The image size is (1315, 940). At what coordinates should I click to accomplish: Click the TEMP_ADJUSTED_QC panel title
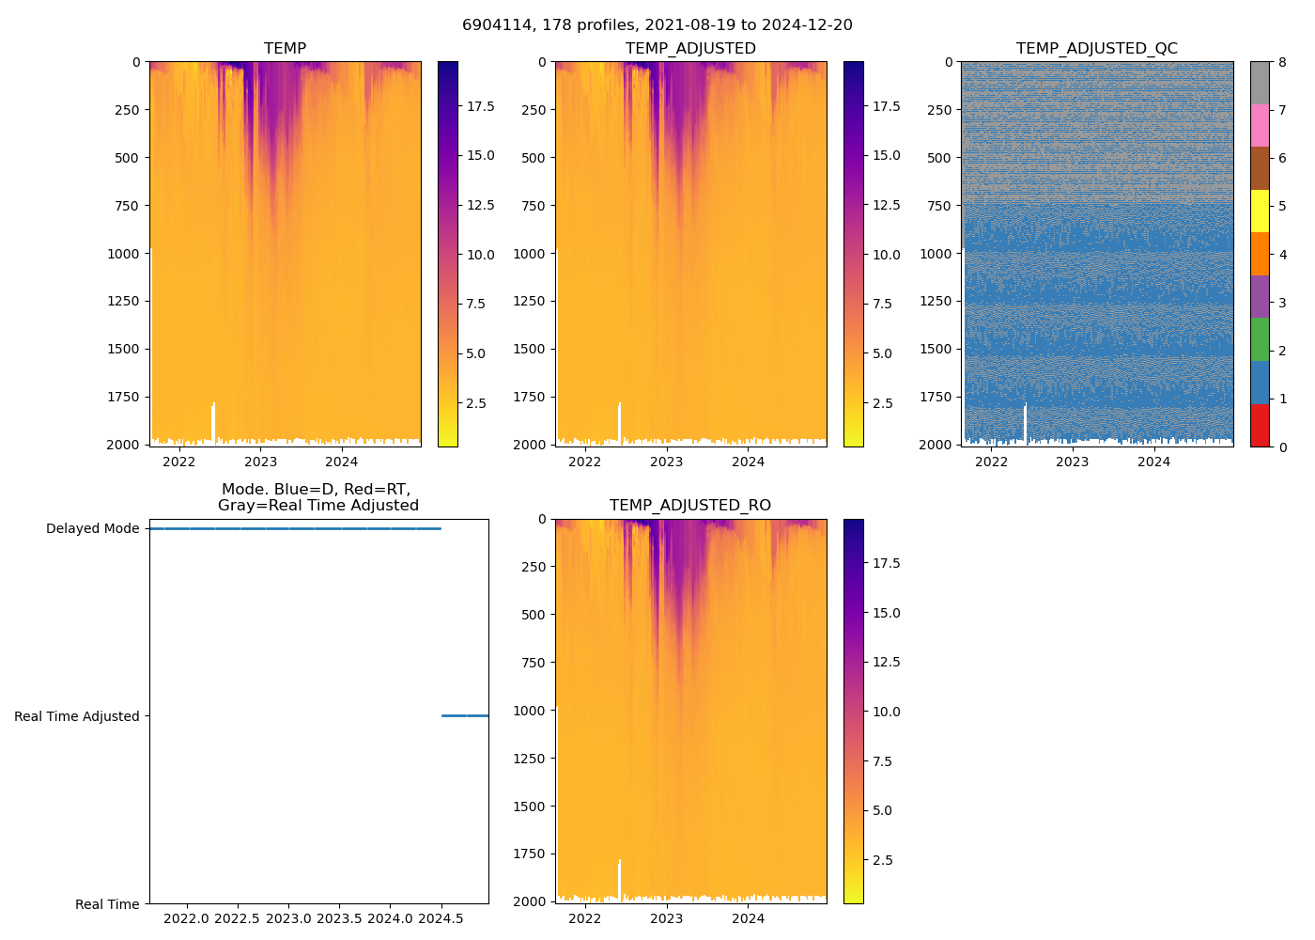click(x=1096, y=48)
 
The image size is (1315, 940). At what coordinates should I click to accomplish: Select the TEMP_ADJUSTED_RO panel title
click(x=690, y=505)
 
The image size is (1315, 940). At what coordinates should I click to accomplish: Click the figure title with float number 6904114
click(x=657, y=24)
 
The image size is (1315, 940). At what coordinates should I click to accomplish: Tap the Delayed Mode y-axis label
click(x=92, y=528)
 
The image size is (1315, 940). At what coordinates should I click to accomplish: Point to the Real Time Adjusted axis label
click(x=77, y=716)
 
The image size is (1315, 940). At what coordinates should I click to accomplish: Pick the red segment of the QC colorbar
click(x=1260, y=425)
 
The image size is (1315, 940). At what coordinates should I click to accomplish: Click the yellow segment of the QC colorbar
click(x=1260, y=211)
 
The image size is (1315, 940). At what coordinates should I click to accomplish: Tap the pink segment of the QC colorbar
click(x=1260, y=125)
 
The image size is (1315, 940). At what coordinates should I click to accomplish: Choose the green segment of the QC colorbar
click(x=1260, y=339)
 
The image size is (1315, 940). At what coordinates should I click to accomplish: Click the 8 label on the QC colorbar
click(x=1282, y=62)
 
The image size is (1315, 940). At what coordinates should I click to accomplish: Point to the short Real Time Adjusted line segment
click(x=465, y=715)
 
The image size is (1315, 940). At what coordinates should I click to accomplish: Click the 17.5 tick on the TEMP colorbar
click(x=481, y=106)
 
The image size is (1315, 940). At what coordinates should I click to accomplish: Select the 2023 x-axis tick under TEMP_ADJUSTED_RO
click(x=667, y=918)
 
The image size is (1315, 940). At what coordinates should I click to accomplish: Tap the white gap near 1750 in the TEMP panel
click(x=213, y=422)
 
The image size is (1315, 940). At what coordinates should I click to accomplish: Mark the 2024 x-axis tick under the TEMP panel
click(x=342, y=462)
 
